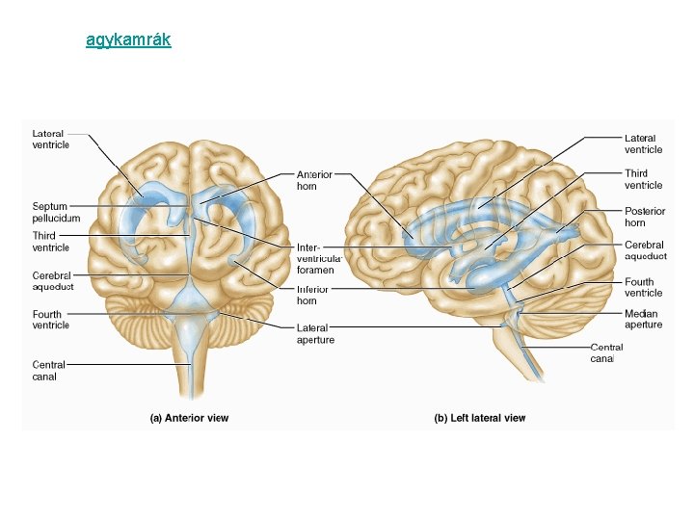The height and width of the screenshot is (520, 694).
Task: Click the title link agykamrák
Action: click(x=128, y=40)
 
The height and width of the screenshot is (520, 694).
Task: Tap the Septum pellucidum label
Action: click(x=50, y=212)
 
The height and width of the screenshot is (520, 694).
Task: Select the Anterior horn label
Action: click(x=314, y=180)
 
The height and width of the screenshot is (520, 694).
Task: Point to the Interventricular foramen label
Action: click(x=316, y=258)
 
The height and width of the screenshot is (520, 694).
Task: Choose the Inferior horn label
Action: click(x=313, y=295)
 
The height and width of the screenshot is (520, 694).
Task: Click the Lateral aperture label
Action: click(x=316, y=333)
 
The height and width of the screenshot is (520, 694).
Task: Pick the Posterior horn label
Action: click(x=645, y=217)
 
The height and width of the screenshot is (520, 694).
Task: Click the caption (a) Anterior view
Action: click(x=189, y=418)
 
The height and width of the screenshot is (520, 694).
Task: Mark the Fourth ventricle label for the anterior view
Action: click(x=51, y=320)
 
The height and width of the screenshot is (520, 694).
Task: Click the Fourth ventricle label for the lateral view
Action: click(x=644, y=287)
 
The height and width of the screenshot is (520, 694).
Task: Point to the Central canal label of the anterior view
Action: click(x=45, y=371)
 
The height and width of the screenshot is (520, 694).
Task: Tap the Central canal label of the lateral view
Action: click(x=606, y=352)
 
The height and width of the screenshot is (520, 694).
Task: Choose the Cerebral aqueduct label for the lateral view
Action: click(x=646, y=250)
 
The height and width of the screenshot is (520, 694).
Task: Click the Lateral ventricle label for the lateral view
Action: click(x=644, y=143)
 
